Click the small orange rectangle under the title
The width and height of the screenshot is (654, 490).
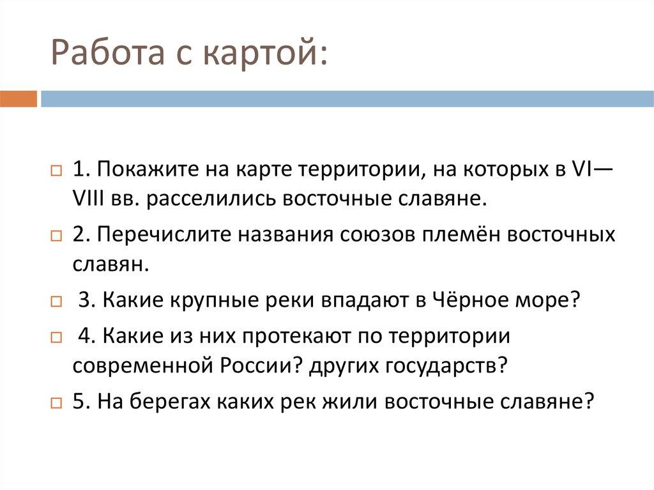tap(19, 99)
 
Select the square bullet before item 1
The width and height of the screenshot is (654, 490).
tap(56, 172)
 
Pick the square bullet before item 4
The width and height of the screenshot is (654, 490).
tap(56, 337)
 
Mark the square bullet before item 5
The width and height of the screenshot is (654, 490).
tap(56, 403)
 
